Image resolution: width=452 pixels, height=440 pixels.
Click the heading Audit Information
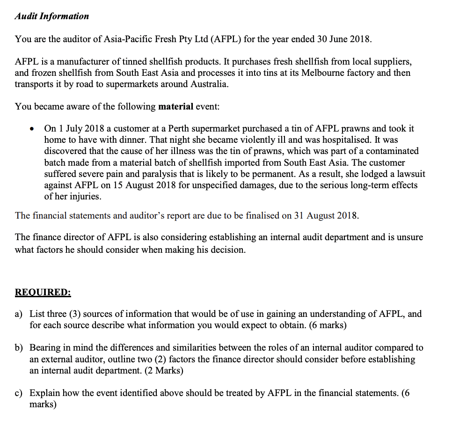tap(51, 16)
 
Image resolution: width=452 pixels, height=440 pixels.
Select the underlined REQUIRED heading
tap(43, 292)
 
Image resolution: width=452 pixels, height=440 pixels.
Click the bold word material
tap(175, 106)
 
